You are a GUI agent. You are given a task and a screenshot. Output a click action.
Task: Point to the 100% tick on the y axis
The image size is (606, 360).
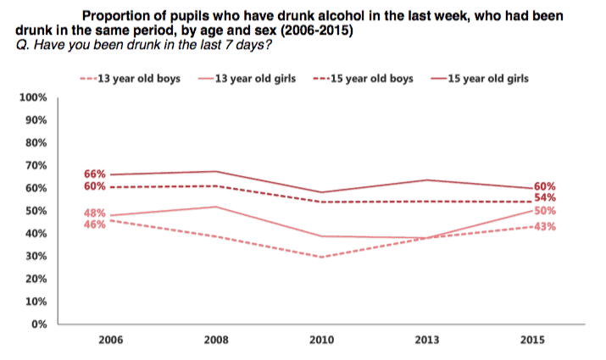tap(31, 97)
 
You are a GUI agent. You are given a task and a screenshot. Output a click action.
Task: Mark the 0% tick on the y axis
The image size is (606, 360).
tap(37, 324)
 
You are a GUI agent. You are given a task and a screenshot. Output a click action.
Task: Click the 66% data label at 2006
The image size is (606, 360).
tap(95, 174)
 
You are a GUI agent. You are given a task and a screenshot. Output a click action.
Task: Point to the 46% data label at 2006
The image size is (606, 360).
tap(95, 224)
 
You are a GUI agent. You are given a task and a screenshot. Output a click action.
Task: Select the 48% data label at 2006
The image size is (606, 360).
tap(95, 213)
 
